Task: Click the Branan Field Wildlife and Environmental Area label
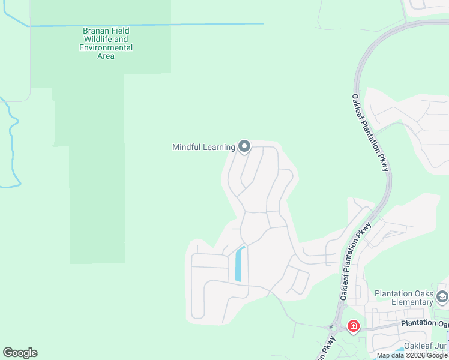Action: coord(106,43)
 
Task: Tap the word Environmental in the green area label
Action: coord(106,47)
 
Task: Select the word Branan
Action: coord(97,31)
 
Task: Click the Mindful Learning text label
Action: coord(203,147)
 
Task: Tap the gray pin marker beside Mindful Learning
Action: coord(244,146)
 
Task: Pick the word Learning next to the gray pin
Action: coord(218,147)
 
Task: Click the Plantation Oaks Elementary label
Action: coord(403,298)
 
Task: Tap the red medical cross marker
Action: coord(354,326)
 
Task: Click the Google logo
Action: coord(20,353)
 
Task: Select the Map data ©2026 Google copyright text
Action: coord(412,355)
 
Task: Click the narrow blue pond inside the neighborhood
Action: coord(240,265)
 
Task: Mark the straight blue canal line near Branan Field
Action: coord(144,25)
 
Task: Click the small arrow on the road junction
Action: coord(330,328)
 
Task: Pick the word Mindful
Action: coord(187,147)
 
